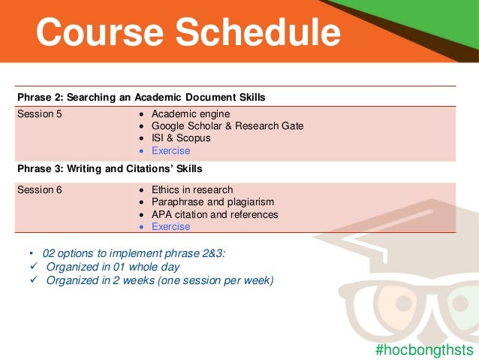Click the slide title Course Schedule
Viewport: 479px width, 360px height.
click(188, 32)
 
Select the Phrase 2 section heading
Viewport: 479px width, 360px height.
click(141, 98)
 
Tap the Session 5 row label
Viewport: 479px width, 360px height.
click(40, 114)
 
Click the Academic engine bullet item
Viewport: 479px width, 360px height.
click(191, 114)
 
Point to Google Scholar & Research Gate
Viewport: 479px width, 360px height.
click(227, 126)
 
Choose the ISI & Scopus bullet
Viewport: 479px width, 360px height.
click(181, 138)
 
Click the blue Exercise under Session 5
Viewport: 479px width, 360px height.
click(171, 150)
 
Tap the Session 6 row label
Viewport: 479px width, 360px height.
click(40, 190)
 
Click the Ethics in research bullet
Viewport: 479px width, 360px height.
click(192, 190)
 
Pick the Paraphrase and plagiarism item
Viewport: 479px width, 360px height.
click(212, 202)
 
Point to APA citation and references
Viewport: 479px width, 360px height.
click(215, 214)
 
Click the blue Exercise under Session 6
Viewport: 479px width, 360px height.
click(171, 226)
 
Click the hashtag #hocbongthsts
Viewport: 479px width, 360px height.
click(424, 349)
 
